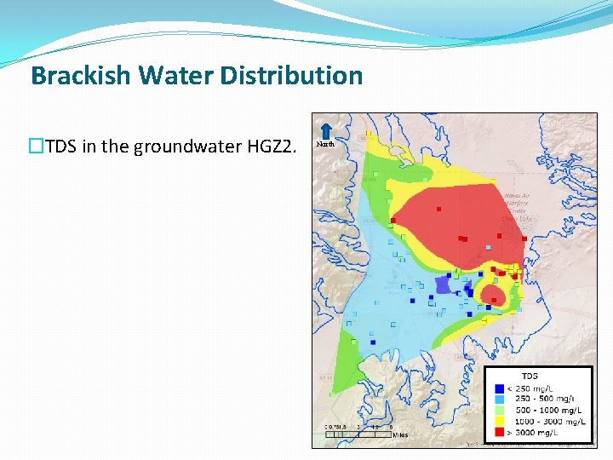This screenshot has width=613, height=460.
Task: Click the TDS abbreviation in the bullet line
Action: coord(60,147)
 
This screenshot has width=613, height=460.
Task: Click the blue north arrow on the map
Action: coord(325,129)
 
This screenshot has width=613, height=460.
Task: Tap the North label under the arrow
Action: coord(325,144)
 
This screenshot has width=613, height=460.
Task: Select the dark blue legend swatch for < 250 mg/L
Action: coord(498,388)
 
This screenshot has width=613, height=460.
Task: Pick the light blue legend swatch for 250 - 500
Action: coord(498,399)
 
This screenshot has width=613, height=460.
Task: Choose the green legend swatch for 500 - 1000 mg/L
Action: coord(498,410)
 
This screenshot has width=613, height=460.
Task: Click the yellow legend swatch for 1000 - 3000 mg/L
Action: coord(498,421)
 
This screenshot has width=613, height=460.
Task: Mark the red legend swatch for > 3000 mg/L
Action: coord(498,432)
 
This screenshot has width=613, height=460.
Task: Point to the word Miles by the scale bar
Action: coord(400,435)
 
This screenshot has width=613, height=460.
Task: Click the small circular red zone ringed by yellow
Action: coord(492,295)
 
